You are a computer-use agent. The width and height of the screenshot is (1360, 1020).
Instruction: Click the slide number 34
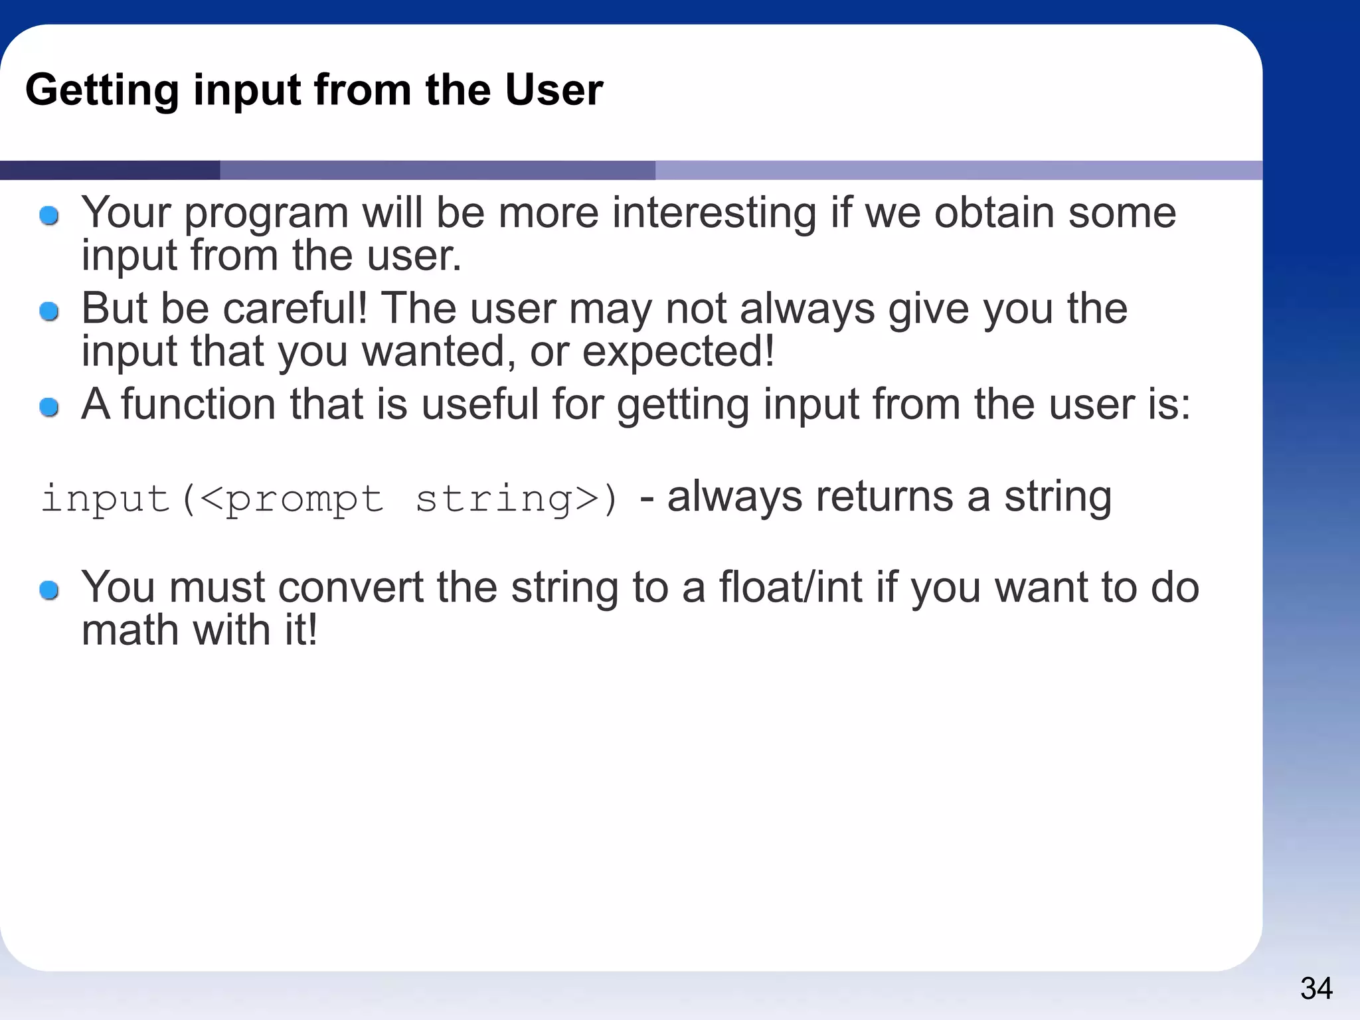1316,988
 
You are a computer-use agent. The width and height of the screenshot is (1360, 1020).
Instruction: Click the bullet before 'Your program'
49,215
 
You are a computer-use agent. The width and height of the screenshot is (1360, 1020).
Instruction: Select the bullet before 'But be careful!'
49,311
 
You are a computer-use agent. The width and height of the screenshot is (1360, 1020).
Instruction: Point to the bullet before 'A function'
49,406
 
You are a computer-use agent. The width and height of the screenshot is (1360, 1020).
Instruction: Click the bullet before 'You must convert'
49,590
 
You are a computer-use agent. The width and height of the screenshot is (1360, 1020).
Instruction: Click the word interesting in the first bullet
714,214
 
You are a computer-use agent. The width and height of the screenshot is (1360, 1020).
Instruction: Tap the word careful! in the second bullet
295,309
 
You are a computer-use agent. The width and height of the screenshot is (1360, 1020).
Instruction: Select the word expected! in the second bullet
678,353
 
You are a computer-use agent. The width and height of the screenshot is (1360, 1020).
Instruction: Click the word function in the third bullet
198,404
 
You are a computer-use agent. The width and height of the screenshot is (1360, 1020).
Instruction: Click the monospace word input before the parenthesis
105,498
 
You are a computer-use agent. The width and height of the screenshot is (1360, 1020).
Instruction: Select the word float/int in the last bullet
791,588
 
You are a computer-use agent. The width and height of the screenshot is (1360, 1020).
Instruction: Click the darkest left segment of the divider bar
110,170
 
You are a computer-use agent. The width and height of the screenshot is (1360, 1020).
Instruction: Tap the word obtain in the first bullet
994,214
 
